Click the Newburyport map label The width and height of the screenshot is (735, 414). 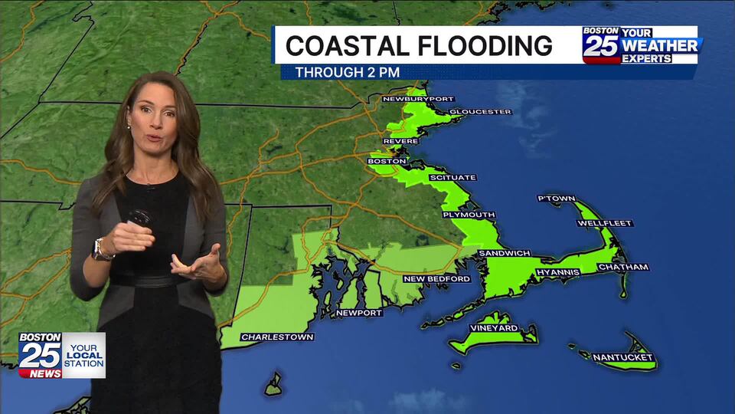pos(418,99)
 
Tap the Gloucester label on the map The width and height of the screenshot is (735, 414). pos(480,112)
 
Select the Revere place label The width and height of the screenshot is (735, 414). pos(401,141)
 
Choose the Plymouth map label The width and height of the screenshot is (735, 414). pos(469,215)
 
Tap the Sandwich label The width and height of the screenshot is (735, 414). pos(505,253)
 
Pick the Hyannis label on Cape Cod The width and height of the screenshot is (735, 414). pos(558,272)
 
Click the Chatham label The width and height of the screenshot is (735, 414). pos(623,268)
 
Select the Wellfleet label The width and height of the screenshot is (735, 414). pos(605,223)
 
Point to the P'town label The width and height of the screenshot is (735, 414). pos(557,199)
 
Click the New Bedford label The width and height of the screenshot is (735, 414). pos(437,279)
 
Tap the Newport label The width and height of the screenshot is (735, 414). pos(359,313)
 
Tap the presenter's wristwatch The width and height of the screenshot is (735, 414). pos(100,248)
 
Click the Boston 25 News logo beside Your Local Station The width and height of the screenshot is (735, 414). pos(40,355)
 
